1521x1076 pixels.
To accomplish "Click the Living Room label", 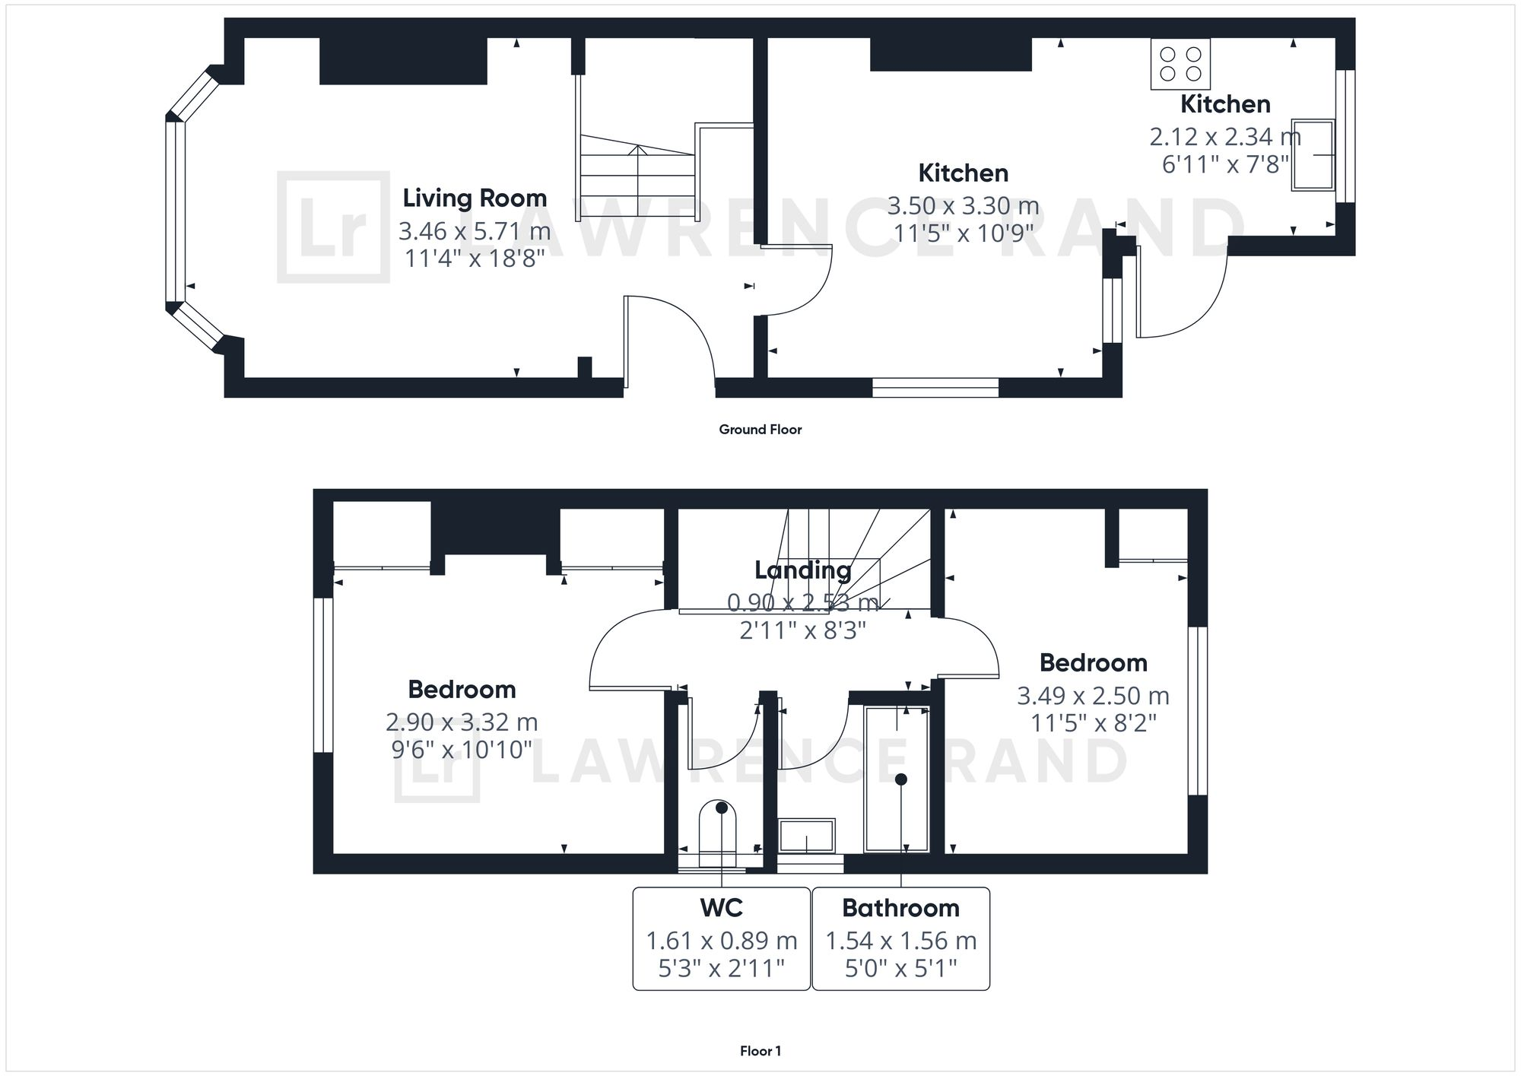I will tap(475, 198).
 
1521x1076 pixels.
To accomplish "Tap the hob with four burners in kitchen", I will tap(1180, 64).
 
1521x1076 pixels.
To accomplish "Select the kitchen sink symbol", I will tap(1313, 155).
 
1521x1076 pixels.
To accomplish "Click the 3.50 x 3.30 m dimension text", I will tap(963, 206).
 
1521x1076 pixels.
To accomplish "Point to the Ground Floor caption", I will tap(760, 430).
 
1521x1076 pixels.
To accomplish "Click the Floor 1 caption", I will tap(760, 1051).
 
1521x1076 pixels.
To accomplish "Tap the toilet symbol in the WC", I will tap(718, 831).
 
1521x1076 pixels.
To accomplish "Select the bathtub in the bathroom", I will tap(897, 779).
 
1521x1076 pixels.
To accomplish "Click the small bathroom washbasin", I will tap(806, 836).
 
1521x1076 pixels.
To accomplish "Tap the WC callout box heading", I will tap(721, 908).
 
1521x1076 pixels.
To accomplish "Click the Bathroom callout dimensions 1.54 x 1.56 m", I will tap(900, 941).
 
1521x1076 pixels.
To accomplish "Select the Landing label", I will tap(802, 570).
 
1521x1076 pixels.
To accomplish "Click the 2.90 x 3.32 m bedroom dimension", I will tap(462, 722).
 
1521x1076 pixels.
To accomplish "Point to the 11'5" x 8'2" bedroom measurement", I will tap(1093, 722).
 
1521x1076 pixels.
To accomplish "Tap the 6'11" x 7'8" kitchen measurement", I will tap(1224, 164).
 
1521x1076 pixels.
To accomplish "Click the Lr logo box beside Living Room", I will tap(333, 227).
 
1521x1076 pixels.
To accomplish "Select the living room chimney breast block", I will tap(403, 61).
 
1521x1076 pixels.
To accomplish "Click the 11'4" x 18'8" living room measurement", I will tap(475, 259).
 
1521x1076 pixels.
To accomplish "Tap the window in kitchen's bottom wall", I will tap(935, 388).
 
